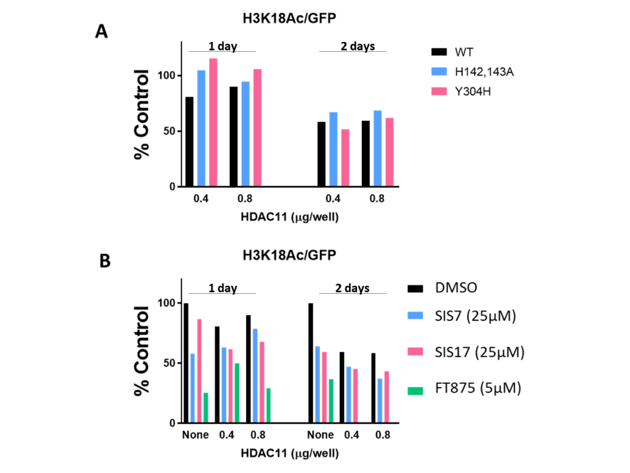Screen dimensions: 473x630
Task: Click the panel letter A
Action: click(102, 32)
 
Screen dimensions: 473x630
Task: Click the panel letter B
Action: click(105, 261)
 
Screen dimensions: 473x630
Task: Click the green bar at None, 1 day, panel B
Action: click(205, 408)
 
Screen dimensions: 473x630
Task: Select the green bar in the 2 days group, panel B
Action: click(331, 401)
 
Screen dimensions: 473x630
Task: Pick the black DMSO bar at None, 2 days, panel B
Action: click(311, 363)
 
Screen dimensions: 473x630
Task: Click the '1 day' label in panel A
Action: click(222, 47)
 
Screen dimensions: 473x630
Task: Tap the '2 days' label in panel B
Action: click(353, 288)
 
